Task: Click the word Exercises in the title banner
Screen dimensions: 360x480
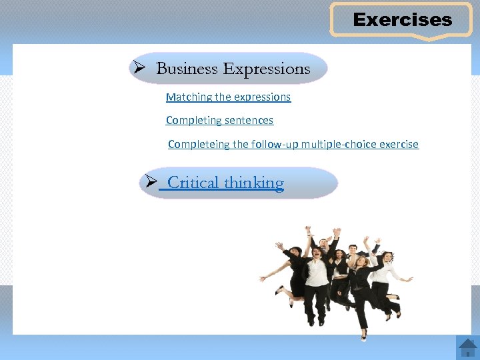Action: point(402,20)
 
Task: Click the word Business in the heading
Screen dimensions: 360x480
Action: point(187,69)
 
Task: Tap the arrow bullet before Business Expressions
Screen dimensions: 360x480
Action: point(139,68)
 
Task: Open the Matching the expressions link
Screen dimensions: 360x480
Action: point(228,97)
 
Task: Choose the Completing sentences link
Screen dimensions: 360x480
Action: point(219,120)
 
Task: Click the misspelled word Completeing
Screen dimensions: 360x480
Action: point(199,144)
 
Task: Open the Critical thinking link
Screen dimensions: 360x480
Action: point(225,183)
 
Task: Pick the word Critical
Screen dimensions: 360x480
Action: point(193,183)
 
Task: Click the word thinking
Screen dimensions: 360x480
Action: point(254,183)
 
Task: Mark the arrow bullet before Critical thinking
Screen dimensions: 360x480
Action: point(151,181)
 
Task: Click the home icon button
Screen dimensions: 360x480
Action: point(467,348)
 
